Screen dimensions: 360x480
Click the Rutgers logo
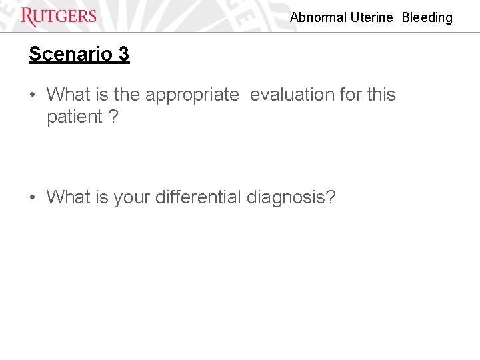click(x=59, y=17)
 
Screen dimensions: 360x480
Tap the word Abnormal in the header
click(x=319, y=18)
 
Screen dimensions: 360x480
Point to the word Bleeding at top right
click(x=427, y=18)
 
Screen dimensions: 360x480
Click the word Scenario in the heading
click(x=65, y=54)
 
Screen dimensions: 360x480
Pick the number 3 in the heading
click(x=123, y=54)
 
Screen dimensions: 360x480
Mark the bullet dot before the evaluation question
click(x=33, y=95)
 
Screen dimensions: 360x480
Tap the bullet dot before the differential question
click(x=33, y=198)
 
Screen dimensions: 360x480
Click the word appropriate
click(x=192, y=95)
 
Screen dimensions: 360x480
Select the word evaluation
click(x=292, y=95)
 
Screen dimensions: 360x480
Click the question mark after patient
click(x=114, y=117)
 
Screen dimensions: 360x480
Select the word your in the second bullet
click(x=132, y=198)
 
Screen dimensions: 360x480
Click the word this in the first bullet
click(x=381, y=95)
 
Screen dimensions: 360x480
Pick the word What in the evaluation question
click(x=69, y=95)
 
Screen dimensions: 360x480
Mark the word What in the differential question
click(x=69, y=198)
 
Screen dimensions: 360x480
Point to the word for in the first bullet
click(x=350, y=95)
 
